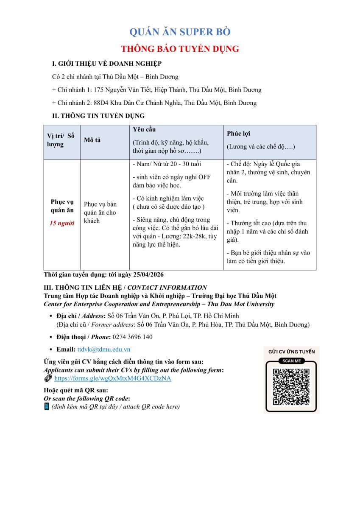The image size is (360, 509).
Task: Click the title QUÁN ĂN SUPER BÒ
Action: click(180, 32)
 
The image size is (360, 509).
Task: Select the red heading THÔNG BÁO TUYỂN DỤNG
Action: click(180, 49)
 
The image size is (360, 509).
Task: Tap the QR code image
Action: click(291, 386)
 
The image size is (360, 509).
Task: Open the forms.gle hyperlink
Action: click(113, 378)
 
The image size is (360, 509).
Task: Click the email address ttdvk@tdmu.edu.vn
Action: click(104, 350)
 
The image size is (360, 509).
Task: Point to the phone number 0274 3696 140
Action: click(132, 337)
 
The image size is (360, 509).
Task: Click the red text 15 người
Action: click(62, 224)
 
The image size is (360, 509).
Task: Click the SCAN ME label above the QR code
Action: click(291, 361)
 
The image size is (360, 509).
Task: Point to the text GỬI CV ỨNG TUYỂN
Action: click(291, 352)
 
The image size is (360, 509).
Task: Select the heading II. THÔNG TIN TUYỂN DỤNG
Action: click(98, 115)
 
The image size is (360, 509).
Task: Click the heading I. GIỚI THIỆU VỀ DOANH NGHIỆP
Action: click(107, 64)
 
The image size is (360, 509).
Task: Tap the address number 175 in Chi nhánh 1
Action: click(99, 90)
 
